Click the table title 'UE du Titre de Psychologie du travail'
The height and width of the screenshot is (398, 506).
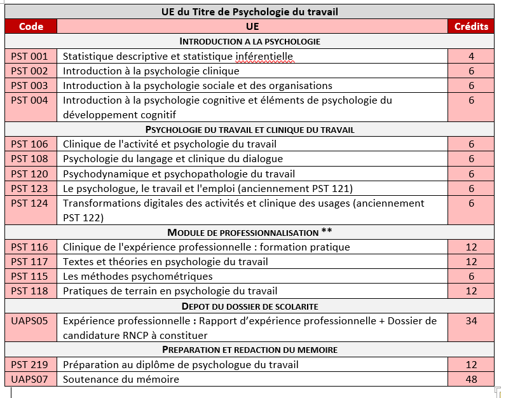point(249,11)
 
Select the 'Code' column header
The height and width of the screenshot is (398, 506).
point(31,26)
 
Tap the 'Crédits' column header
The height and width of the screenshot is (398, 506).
point(471,26)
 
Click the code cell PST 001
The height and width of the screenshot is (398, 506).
point(30,56)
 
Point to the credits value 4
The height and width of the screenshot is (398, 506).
point(471,56)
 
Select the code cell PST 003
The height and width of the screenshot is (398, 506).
point(30,85)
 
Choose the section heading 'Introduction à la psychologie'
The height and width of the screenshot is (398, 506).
point(249,41)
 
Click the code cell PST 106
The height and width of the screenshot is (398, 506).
point(30,144)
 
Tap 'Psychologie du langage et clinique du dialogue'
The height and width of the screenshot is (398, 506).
point(173,158)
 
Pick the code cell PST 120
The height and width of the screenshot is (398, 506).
point(30,174)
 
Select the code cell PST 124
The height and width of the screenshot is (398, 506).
point(30,203)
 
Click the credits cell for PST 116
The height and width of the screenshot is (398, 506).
point(471,247)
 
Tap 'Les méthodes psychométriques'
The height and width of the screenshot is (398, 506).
point(138,276)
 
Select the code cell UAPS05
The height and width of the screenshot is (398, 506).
point(30,320)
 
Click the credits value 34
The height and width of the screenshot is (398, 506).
point(471,320)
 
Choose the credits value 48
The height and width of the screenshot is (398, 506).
point(471,379)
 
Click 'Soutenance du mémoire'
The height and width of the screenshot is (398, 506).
point(121,379)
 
